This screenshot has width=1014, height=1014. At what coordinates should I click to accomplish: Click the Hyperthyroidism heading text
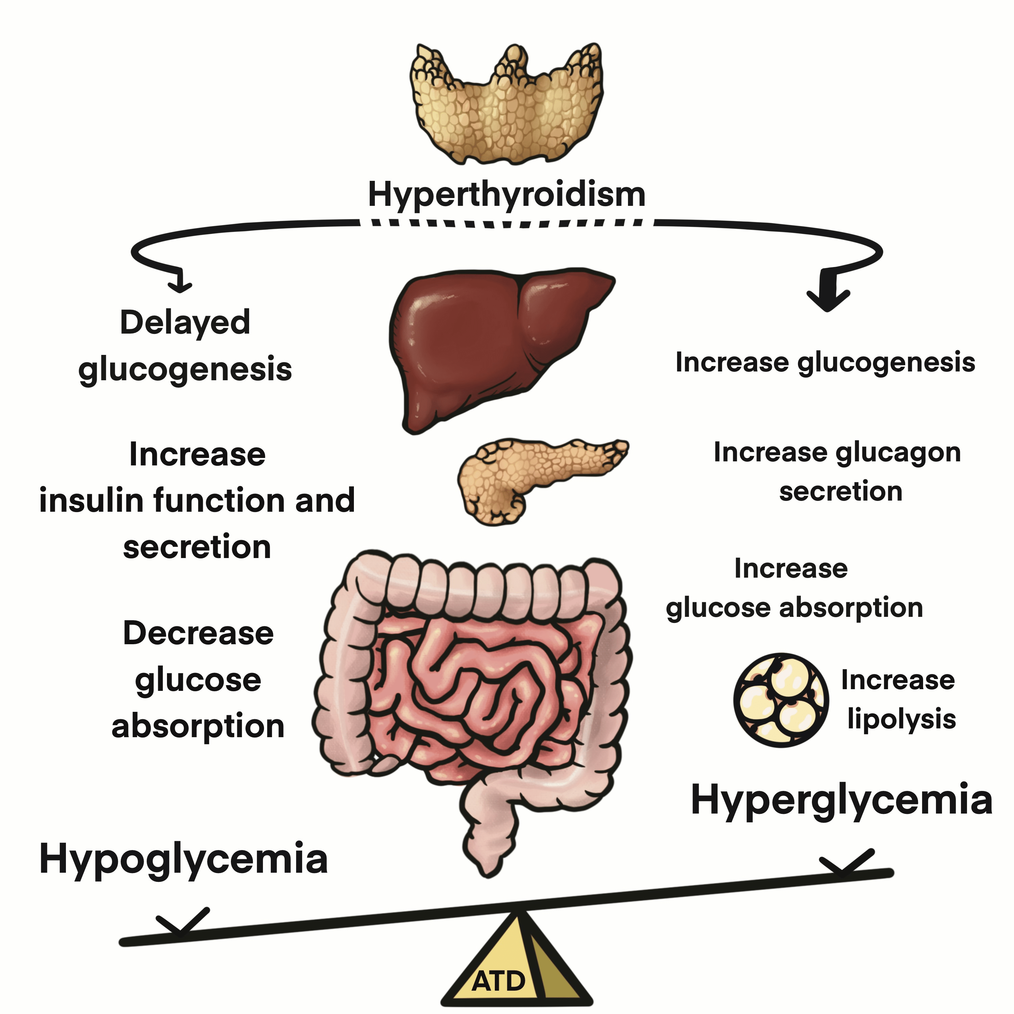point(506,195)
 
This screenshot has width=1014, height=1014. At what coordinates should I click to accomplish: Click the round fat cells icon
point(781,700)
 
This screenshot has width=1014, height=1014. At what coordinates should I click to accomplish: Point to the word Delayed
point(185,323)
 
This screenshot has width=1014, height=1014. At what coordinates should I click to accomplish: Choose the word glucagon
point(898,453)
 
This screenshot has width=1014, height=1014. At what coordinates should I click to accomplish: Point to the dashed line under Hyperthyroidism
point(506,223)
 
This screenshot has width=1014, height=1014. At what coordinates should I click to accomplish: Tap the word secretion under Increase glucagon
point(841,492)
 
